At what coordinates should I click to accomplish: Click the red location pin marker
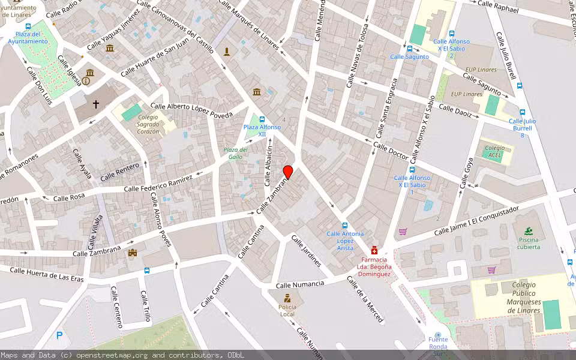point(288,172)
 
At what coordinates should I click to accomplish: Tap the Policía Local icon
point(287,298)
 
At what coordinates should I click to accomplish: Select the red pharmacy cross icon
point(374,250)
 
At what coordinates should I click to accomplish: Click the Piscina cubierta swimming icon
point(528,231)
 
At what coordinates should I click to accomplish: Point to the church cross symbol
point(95,104)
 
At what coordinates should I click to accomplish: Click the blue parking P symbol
point(59,335)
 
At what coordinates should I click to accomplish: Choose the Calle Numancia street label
point(300,284)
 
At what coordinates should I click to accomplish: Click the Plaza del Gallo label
point(235,153)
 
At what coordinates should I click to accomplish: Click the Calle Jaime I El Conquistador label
point(476,221)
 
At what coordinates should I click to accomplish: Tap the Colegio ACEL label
point(494,151)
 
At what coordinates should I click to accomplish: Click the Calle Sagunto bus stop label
point(409,56)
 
